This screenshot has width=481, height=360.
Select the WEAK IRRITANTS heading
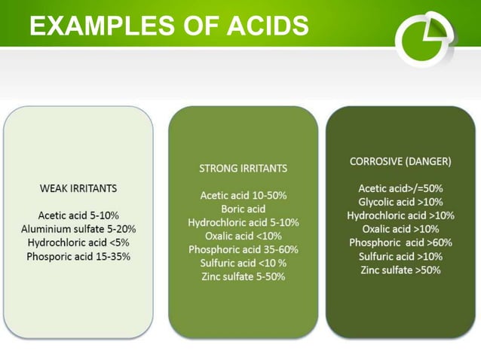tap(78, 188)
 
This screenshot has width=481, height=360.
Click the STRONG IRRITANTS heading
tap(243, 167)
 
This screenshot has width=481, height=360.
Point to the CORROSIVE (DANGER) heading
tap(400, 161)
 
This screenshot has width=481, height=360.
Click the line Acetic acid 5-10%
tap(78, 215)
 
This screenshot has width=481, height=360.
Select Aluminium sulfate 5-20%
tap(78, 229)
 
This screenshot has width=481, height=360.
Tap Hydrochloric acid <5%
tap(78, 243)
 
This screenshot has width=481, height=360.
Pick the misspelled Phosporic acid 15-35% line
tap(78, 256)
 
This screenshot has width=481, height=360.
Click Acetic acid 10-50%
tap(243, 195)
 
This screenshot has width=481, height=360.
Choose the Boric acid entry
tap(243, 209)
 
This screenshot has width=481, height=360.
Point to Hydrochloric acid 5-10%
tap(243, 222)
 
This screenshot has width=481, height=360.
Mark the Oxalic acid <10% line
tap(243, 236)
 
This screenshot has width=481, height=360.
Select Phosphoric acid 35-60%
tap(243, 249)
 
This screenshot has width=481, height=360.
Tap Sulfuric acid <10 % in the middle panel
tap(243, 263)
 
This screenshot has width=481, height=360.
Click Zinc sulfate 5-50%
tap(243, 276)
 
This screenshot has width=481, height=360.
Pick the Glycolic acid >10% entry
tap(400, 202)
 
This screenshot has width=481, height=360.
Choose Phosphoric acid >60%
tap(400, 243)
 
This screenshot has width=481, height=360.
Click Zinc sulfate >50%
tap(400, 270)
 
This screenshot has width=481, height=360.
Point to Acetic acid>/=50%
tap(400, 188)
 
